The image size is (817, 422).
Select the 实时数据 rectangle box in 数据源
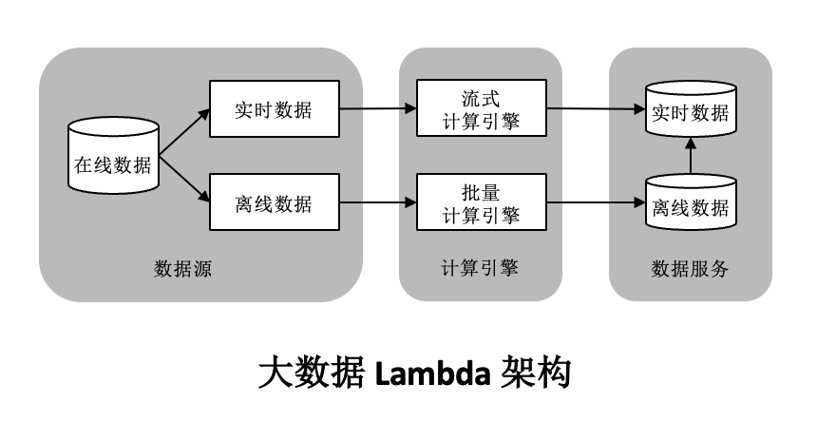274,109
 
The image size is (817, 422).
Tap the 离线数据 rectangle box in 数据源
274,202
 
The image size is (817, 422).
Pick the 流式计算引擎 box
482,109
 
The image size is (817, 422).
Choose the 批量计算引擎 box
482,202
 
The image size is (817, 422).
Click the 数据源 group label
182,269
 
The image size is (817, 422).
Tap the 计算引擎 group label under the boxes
481,269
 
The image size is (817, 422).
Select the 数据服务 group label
691,269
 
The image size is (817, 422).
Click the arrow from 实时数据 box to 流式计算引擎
377,109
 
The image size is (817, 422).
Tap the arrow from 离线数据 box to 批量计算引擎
377,202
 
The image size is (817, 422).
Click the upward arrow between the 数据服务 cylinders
691,157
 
